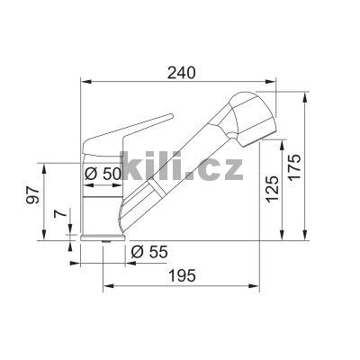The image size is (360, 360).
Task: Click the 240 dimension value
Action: [x=180, y=72]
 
